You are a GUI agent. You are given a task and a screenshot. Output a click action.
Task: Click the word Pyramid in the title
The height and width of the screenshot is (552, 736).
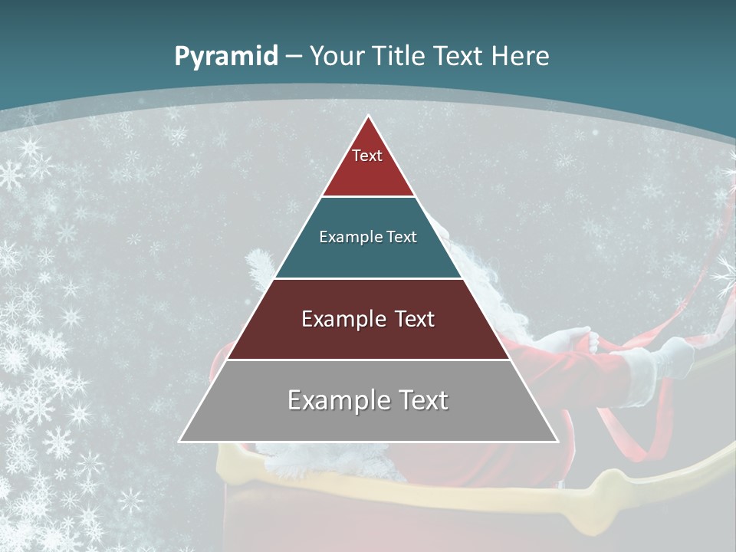[226, 57]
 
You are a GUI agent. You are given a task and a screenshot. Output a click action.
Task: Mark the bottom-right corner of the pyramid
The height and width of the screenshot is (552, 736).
[557, 441]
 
